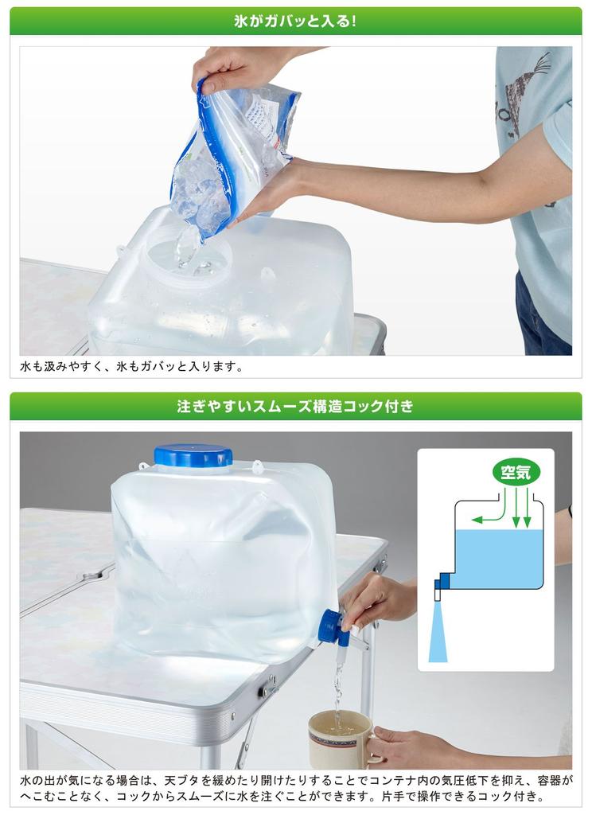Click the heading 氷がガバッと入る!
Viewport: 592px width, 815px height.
(x=295, y=21)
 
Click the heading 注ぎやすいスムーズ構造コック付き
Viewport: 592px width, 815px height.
(x=295, y=406)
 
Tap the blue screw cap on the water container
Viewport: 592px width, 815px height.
(x=193, y=457)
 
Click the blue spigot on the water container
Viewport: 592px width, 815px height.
(x=333, y=626)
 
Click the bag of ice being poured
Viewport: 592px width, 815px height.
(x=235, y=151)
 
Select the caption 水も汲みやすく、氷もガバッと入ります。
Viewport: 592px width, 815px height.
(x=131, y=367)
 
